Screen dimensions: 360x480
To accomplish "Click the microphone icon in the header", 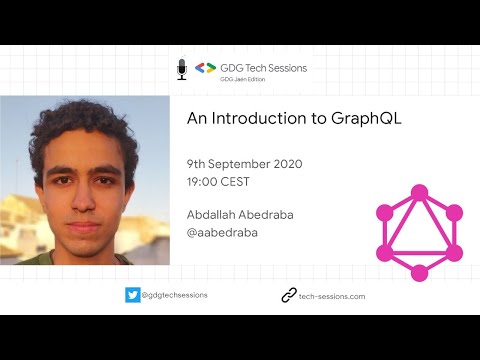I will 182,69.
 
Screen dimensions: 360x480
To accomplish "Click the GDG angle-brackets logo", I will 205,68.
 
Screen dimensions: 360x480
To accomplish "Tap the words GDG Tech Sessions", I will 264,67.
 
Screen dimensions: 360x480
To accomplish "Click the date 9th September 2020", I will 244,163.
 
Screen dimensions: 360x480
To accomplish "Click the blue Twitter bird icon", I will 133,295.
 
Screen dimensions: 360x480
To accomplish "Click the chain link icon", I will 289,295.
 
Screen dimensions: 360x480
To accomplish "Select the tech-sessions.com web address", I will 332,296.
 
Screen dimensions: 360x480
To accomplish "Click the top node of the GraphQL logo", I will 419,190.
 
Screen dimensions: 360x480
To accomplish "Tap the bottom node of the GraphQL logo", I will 419,273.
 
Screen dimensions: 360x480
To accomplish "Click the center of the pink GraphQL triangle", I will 419,235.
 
